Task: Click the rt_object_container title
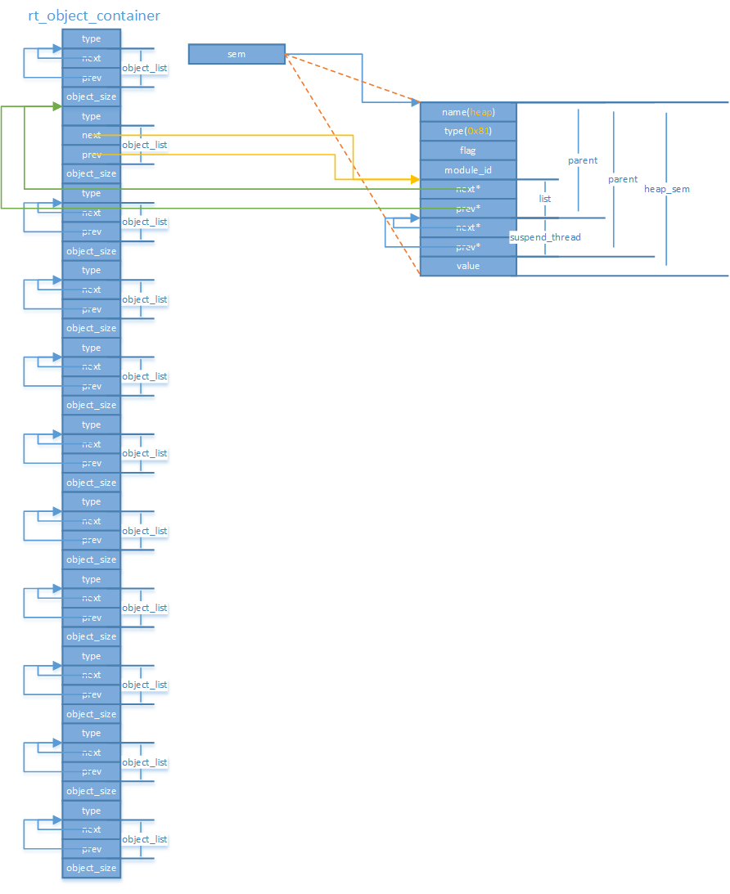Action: point(94,16)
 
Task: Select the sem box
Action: point(237,54)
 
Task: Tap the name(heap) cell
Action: point(468,111)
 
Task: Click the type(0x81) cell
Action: point(468,131)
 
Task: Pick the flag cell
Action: point(468,150)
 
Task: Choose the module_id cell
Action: point(468,170)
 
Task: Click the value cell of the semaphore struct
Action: point(468,266)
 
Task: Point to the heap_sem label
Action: point(666,189)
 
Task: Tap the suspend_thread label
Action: point(545,237)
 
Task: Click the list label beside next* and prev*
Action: point(545,199)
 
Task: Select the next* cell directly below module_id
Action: point(468,189)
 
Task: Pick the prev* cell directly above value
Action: point(468,246)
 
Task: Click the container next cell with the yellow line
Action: point(91,135)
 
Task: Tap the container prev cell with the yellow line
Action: point(91,155)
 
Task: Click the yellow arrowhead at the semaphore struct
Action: point(415,178)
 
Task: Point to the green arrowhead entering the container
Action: point(57,106)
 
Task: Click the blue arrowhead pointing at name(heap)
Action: point(415,103)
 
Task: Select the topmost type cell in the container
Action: point(91,39)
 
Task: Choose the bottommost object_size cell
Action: point(91,868)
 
